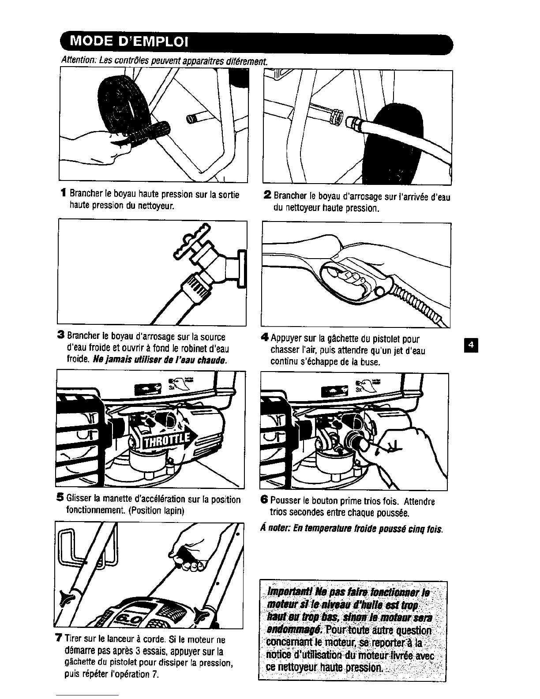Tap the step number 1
64,194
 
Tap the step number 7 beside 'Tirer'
58,639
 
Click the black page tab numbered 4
471,346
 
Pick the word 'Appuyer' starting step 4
287,339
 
